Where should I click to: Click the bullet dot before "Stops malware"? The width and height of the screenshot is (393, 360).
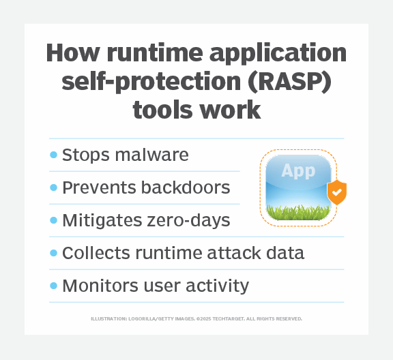pos(53,155)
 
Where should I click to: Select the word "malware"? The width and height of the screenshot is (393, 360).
pos(151,155)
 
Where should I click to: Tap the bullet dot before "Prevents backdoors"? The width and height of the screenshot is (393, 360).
pos(53,187)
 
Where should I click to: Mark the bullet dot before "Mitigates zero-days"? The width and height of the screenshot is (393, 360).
pos(53,220)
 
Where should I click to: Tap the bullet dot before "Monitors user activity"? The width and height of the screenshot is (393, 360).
pos(53,285)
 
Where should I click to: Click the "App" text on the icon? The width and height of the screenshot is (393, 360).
pos(297,171)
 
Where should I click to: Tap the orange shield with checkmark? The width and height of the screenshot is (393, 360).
pos(337,193)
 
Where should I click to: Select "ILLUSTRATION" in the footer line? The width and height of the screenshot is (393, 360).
pos(108,318)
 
